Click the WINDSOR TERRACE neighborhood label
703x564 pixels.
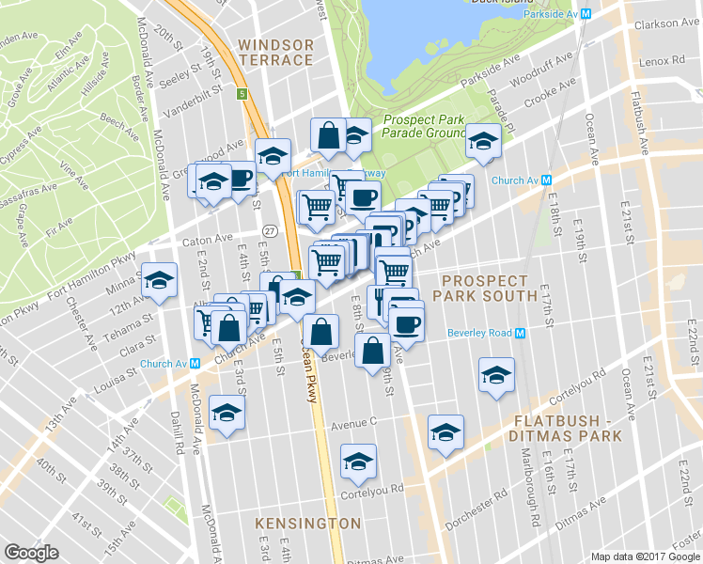[274, 52]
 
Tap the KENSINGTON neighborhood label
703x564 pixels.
[308, 523]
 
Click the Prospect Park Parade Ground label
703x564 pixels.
[424, 127]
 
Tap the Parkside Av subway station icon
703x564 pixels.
[586, 14]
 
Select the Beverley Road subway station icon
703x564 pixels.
[518, 333]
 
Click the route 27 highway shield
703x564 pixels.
[270, 230]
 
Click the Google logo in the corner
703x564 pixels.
[32, 553]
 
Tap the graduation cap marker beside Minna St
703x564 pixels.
[160, 280]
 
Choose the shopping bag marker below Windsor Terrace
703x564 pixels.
[328, 136]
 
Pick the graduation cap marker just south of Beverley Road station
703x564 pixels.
[496, 375]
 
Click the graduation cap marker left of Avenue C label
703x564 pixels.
[227, 413]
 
